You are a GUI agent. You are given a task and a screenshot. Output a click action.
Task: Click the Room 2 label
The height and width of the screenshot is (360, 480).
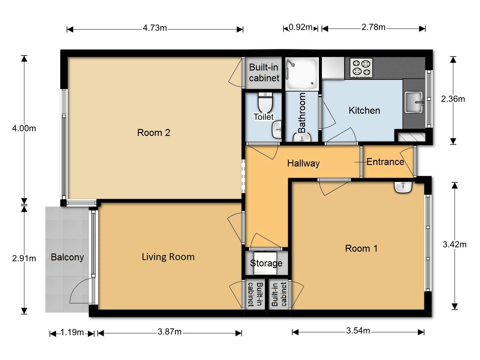[154, 133]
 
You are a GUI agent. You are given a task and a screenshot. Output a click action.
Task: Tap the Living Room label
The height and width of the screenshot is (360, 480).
[168, 257]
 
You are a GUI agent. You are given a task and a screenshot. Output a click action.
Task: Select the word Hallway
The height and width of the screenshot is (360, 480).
[303, 163]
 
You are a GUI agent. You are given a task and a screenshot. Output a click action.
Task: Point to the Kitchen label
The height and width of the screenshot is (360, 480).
[364, 110]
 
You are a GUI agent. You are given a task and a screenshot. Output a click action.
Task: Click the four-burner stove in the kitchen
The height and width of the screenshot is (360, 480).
[361, 68]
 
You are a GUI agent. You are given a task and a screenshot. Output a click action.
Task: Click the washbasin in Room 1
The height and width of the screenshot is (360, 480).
[403, 187]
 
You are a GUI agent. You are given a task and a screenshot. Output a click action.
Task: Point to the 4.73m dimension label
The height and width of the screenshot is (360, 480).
[155, 28]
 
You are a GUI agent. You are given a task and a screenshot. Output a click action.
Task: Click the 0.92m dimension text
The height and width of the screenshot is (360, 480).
[301, 27]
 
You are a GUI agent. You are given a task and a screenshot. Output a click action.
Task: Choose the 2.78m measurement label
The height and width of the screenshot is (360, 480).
[373, 27]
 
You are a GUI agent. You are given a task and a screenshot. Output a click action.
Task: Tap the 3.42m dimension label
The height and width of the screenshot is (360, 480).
[454, 244]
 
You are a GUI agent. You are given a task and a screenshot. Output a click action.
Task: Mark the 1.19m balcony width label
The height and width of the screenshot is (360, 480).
[72, 332]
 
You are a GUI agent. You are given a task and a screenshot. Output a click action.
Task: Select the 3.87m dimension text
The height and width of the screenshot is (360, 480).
[169, 332]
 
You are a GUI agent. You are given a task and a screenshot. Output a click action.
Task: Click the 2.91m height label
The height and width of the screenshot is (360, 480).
[24, 258]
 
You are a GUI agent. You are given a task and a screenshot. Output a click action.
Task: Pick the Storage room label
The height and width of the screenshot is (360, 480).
[266, 263]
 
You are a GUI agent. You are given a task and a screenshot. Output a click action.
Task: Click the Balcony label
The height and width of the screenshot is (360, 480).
[67, 257]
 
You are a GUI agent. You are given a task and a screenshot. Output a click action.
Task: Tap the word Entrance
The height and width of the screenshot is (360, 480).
[385, 162]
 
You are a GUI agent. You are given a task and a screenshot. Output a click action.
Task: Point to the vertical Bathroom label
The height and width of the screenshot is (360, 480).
[302, 113]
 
